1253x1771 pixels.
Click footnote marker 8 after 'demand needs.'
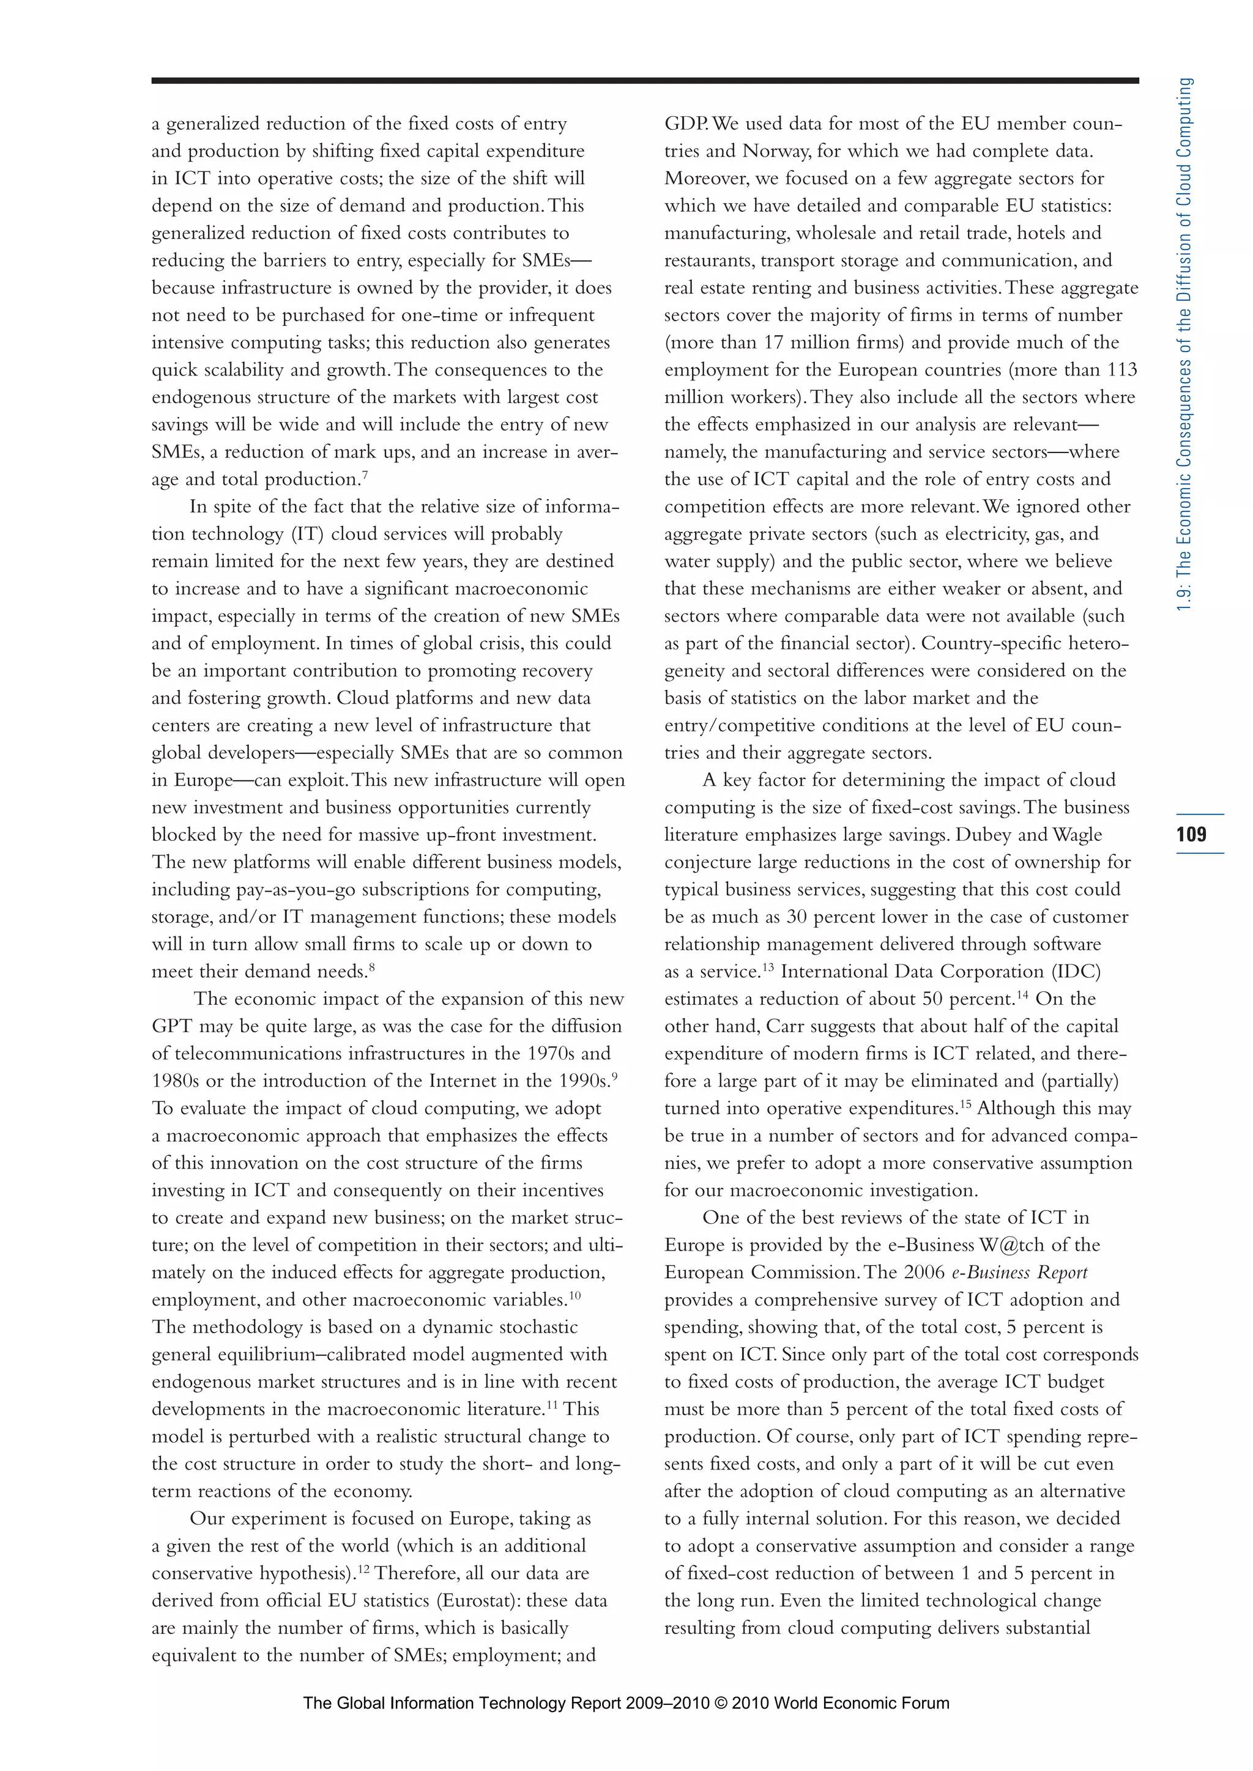click(x=371, y=966)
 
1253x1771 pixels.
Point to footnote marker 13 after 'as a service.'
click(x=768, y=966)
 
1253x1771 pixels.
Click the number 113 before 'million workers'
click(x=1122, y=369)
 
